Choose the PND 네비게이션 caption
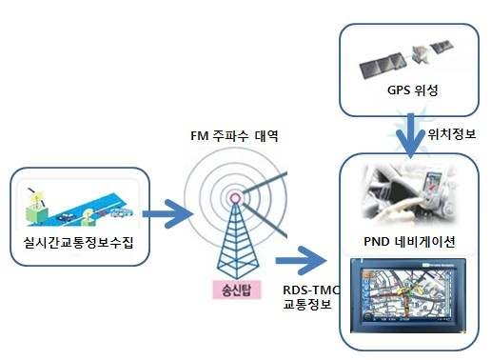tap(410, 239)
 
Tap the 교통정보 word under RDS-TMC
tap(306, 305)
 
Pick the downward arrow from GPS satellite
tap(410, 136)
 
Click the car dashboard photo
tap(410, 197)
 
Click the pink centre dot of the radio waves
tap(234, 200)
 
